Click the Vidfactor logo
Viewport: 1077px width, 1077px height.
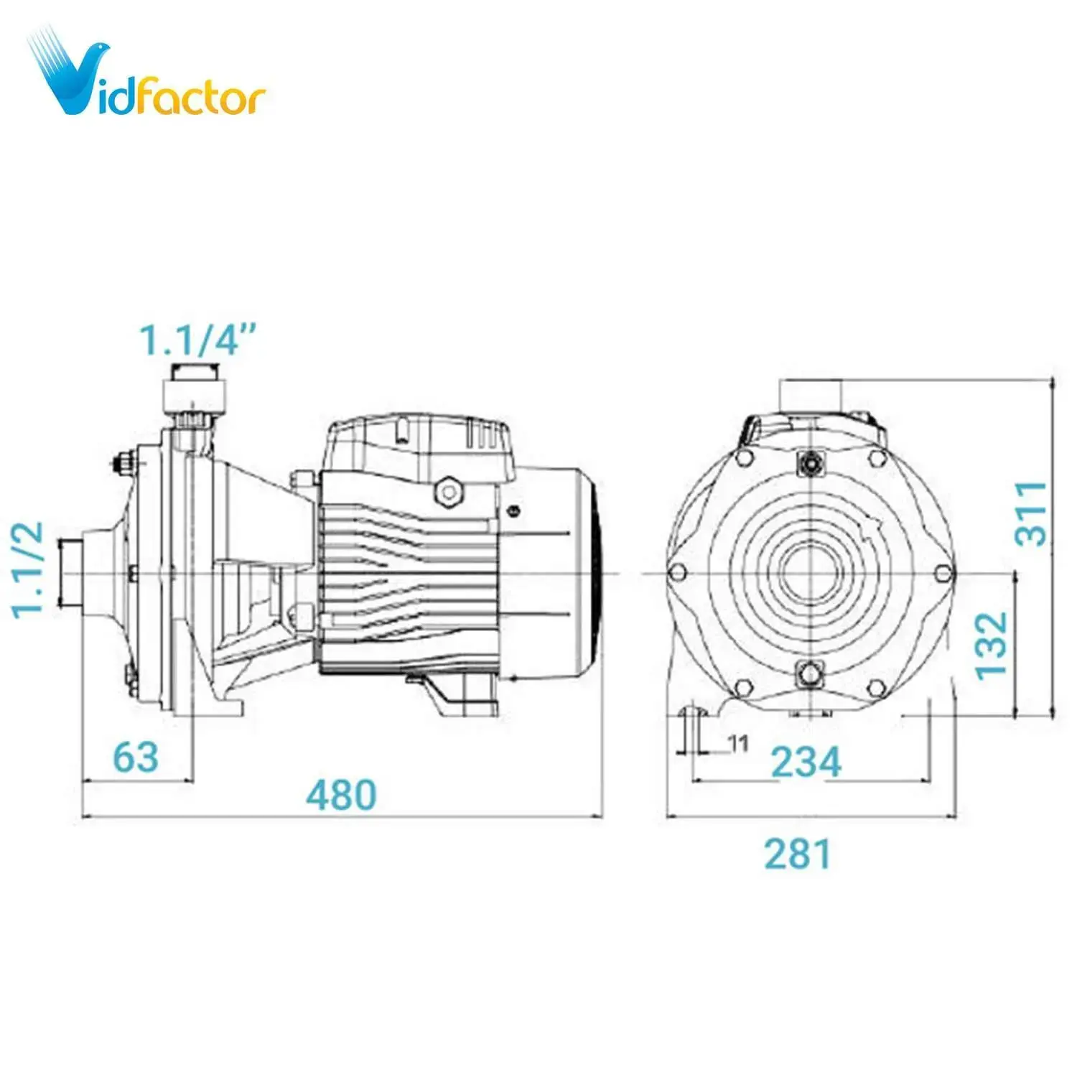click(x=147, y=75)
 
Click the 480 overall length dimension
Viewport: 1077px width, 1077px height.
click(x=341, y=794)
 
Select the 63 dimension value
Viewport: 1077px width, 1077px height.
click(x=136, y=757)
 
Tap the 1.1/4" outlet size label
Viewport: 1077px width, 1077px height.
click(x=197, y=340)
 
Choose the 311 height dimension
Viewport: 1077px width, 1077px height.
click(x=1031, y=513)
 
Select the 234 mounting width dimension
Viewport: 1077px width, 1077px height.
click(x=806, y=762)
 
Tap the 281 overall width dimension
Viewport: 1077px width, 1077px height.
click(x=797, y=854)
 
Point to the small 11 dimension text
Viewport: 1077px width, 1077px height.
click(x=739, y=744)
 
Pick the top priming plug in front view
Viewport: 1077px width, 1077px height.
click(x=811, y=464)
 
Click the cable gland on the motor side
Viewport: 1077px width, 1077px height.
click(x=449, y=492)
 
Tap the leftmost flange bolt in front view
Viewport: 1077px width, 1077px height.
click(x=676, y=572)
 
